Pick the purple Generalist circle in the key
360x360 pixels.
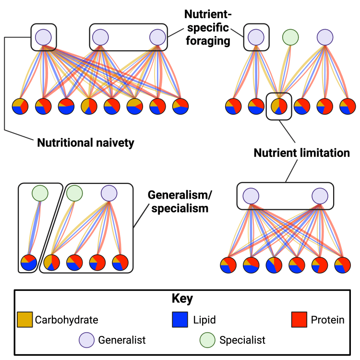point(86,340)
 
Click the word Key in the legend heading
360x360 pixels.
point(182,299)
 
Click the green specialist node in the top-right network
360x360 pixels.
point(290,37)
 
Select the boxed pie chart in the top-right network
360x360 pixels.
point(278,106)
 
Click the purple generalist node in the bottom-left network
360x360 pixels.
point(109,193)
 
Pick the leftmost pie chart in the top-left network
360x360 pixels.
point(20,106)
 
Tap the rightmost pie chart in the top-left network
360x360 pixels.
point(180,106)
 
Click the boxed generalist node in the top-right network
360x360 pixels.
point(256,37)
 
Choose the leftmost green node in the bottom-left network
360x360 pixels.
point(40,193)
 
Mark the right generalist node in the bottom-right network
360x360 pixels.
point(320,196)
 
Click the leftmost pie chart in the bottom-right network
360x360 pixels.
point(228,264)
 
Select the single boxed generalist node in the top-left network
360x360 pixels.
point(44,37)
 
